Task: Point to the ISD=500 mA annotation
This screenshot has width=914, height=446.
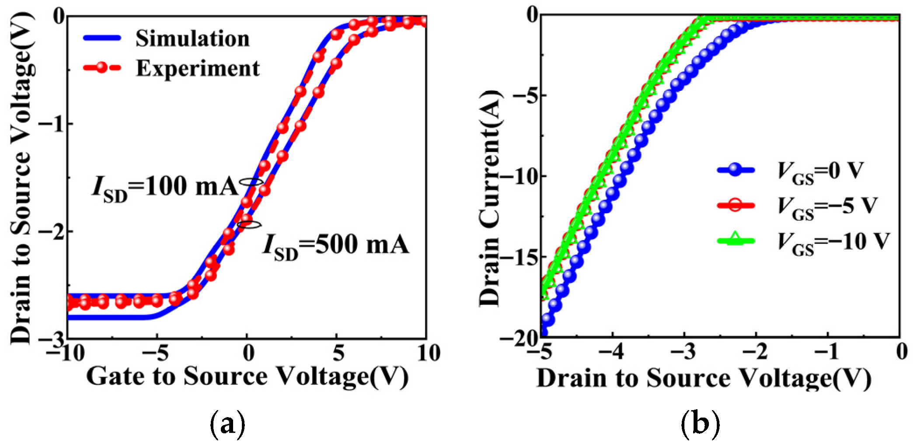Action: point(336,245)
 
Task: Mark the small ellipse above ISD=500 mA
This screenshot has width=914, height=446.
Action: point(249,225)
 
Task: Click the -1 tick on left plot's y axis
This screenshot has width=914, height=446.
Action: point(52,124)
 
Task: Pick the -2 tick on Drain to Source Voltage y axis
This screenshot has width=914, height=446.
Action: point(52,231)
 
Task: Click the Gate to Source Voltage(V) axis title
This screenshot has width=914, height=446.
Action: point(247,377)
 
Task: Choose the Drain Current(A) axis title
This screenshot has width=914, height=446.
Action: point(490,199)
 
